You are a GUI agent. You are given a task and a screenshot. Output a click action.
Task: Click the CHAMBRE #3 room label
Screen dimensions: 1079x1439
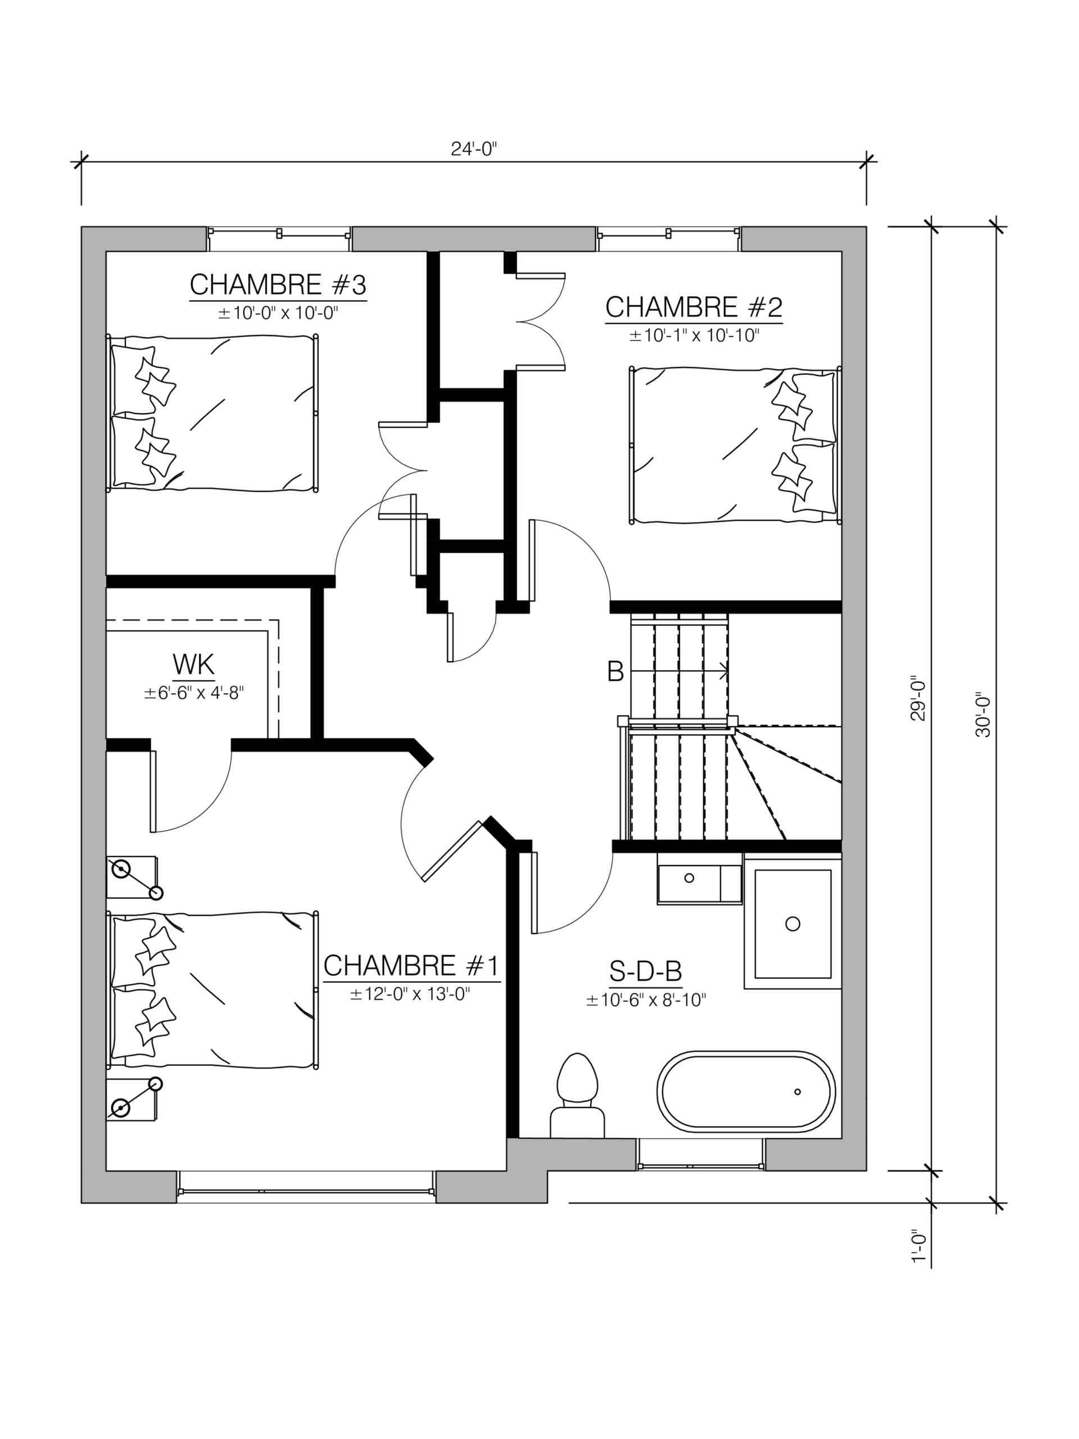pyautogui.click(x=278, y=284)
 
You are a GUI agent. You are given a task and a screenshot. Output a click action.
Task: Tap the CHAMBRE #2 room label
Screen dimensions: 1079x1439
pyautogui.click(x=693, y=307)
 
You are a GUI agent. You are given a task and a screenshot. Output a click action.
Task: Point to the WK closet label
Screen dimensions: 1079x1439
pyautogui.click(x=193, y=665)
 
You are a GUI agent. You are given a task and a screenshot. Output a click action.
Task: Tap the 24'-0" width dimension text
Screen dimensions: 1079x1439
pyautogui.click(x=474, y=149)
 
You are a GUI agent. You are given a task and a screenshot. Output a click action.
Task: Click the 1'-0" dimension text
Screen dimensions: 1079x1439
pyautogui.click(x=918, y=1265)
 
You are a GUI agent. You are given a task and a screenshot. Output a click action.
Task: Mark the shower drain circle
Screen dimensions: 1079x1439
pyautogui.click(x=792, y=923)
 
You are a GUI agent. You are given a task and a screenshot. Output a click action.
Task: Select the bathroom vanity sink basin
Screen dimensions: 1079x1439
pyautogui.click(x=690, y=877)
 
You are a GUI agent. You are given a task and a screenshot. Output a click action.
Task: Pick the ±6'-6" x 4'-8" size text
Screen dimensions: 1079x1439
pyautogui.click(x=194, y=693)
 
